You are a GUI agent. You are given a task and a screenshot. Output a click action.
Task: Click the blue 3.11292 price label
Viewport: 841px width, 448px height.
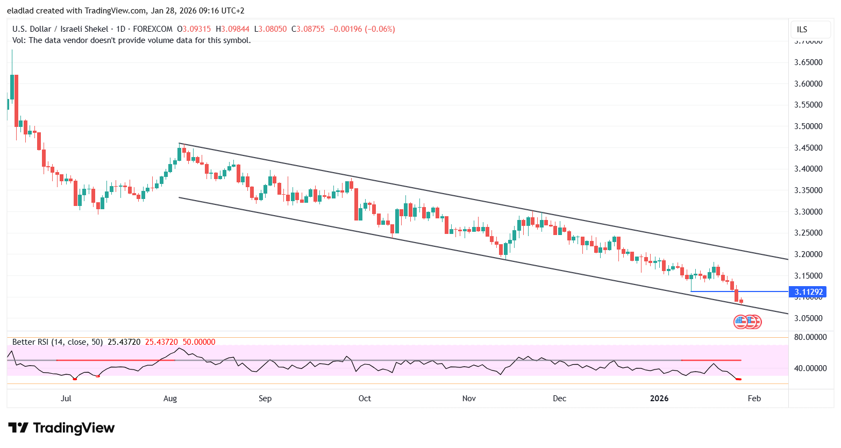808,292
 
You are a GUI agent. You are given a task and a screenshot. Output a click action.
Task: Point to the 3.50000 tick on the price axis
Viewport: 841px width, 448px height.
808,126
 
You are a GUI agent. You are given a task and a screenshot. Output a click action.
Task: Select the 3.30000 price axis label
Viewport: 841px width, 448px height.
808,212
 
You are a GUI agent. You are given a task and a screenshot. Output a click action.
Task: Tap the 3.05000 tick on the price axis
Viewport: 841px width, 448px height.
808,318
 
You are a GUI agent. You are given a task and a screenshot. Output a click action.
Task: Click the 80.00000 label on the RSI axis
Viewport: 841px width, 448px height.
810,337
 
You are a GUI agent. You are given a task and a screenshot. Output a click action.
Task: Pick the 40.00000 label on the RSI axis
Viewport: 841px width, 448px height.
810,368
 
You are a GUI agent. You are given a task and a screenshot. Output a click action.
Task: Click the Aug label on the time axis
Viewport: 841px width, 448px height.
170,399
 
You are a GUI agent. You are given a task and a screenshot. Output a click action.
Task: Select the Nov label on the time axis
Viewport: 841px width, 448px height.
469,399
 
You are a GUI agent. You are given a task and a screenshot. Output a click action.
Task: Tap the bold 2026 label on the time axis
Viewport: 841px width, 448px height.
659,399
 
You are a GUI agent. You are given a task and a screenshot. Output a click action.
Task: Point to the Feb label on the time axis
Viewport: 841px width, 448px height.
754,399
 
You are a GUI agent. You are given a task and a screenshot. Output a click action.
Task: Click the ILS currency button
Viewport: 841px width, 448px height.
802,30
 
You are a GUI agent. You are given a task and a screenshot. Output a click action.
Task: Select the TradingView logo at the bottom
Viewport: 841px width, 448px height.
62,428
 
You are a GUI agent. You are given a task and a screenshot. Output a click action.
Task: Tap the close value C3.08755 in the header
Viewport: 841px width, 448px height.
308,29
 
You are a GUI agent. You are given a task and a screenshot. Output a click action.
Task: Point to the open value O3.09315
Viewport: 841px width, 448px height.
194,29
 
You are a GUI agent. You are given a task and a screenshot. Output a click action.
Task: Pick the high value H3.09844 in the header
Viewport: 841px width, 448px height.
233,29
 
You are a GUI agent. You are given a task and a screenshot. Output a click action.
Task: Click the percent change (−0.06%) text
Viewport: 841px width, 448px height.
380,29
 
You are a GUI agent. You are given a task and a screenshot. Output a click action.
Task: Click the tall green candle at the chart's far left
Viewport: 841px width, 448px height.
12,86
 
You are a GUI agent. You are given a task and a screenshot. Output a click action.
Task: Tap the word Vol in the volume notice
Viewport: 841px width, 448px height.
19,40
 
